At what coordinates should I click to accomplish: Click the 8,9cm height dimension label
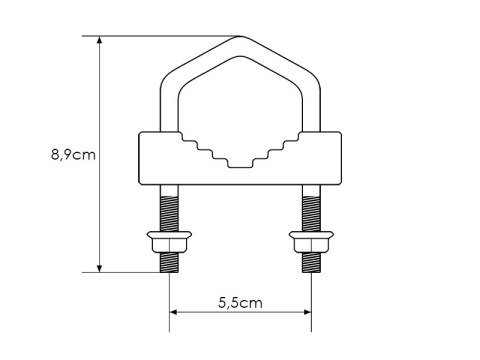(x=73, y=155)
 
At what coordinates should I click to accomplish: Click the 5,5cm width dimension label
(x=239, y=301)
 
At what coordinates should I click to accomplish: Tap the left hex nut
(x=167, y=243)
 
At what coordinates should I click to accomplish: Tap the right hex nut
(x=311, y=243)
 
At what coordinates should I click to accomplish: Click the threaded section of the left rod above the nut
(x=167, y=211)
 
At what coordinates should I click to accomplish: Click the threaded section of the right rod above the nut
(x=311, y=211)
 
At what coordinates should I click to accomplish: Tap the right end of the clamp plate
(x=340, y=158)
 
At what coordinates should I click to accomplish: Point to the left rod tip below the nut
(x=167, y=263)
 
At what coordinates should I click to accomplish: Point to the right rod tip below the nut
(x=311, y=263)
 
